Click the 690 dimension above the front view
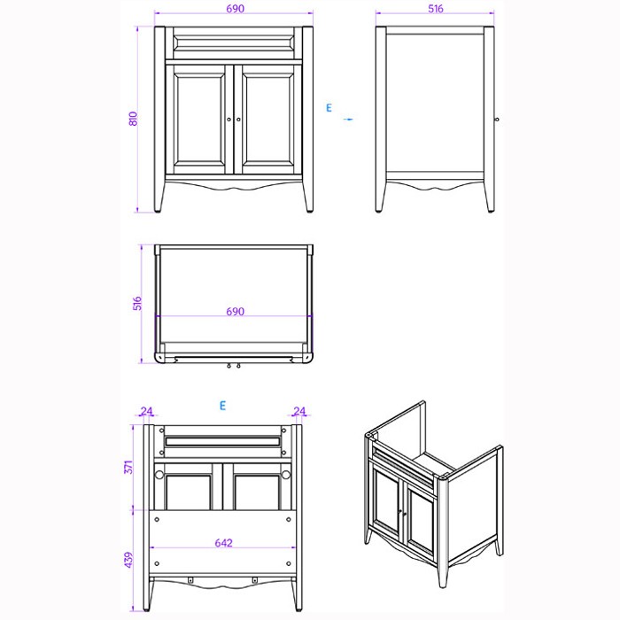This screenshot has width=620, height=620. (234, 8)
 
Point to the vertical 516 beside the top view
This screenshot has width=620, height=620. (137, 304)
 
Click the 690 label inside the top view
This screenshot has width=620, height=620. (235, 312)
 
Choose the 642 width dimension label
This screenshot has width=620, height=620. (223, 543)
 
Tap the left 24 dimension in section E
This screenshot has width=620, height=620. (147, 411)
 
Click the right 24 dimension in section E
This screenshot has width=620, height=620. (298, 411)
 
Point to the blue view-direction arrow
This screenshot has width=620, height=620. (348, 118)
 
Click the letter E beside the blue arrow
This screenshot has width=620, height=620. (329, 108)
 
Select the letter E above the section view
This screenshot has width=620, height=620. (223, 406)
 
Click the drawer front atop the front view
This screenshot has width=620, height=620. (234, 40)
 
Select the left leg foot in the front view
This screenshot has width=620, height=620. (160, 210)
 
